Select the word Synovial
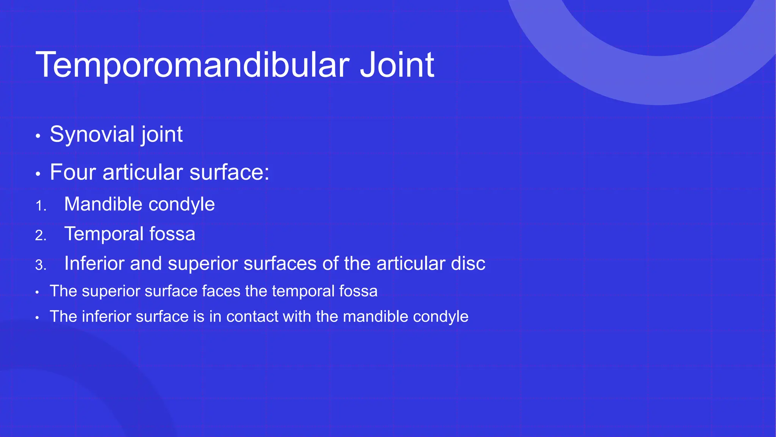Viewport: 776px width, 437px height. point(92,134)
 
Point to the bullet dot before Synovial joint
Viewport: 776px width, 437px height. point(38,136)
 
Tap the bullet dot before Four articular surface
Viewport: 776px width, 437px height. point(38,174)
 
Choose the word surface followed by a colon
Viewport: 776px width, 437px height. point(229,172)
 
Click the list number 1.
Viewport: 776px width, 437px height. point(40,206)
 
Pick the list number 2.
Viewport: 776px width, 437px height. point(40,236)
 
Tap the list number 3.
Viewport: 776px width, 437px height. point(40,265)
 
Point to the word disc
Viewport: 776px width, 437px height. point(468,263)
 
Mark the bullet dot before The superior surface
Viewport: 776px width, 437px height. point(37,292)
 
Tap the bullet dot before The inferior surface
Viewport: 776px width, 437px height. point(37,318)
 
